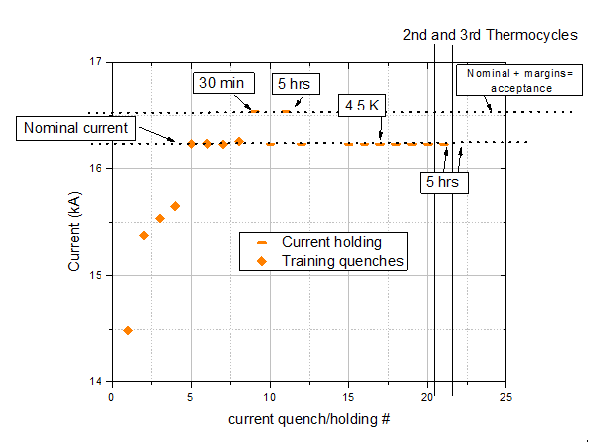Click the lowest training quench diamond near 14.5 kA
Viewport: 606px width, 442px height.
coord(127,330)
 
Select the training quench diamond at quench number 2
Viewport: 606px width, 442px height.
coord(143,235)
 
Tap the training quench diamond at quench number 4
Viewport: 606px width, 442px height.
coord(175,206)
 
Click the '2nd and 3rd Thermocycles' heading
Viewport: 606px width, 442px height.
coord(490,35)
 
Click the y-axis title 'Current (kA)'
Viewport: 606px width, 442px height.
coord(75,221)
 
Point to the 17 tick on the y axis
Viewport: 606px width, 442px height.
coord(98,62)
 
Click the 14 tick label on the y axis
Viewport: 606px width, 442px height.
coord(98,381)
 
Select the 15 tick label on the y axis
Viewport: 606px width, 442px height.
coord(98,275)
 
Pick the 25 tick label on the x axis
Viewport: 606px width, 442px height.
coord(506,396)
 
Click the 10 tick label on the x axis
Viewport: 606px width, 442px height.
coord(270,396)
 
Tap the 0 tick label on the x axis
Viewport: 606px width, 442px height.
coord(112,396)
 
